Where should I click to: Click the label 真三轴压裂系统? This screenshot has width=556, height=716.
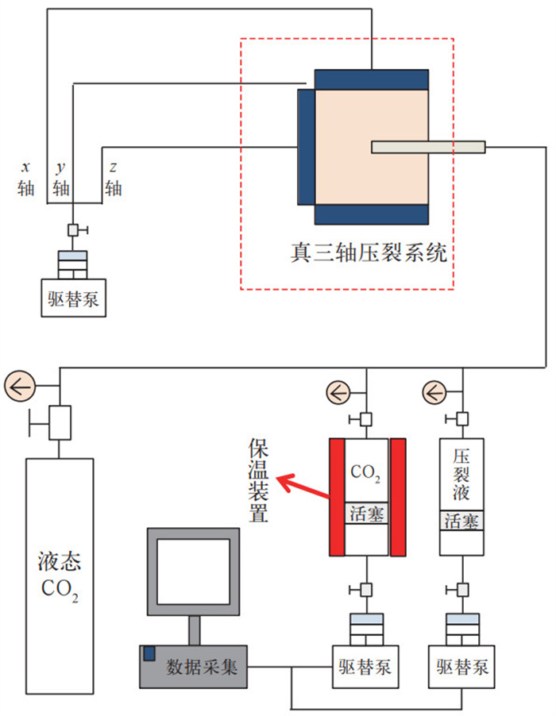[369, 253]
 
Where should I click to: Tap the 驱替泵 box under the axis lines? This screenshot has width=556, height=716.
[73, 299]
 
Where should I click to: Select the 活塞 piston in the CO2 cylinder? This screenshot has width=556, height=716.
[367, 514]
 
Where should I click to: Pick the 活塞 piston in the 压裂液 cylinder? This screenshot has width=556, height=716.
[461, 522]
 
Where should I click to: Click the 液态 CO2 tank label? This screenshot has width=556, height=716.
[60, 579]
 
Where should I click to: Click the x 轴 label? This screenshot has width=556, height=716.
[26, 179]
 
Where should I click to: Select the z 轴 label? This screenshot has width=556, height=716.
[114, 179]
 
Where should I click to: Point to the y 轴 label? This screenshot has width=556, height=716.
[61, 179]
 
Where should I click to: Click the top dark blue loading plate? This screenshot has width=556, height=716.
[372, 79]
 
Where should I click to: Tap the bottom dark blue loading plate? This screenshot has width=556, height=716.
[372, 215]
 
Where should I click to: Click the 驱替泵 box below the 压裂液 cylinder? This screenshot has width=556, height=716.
[461, 665]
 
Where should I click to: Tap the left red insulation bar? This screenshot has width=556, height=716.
[337, 496]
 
